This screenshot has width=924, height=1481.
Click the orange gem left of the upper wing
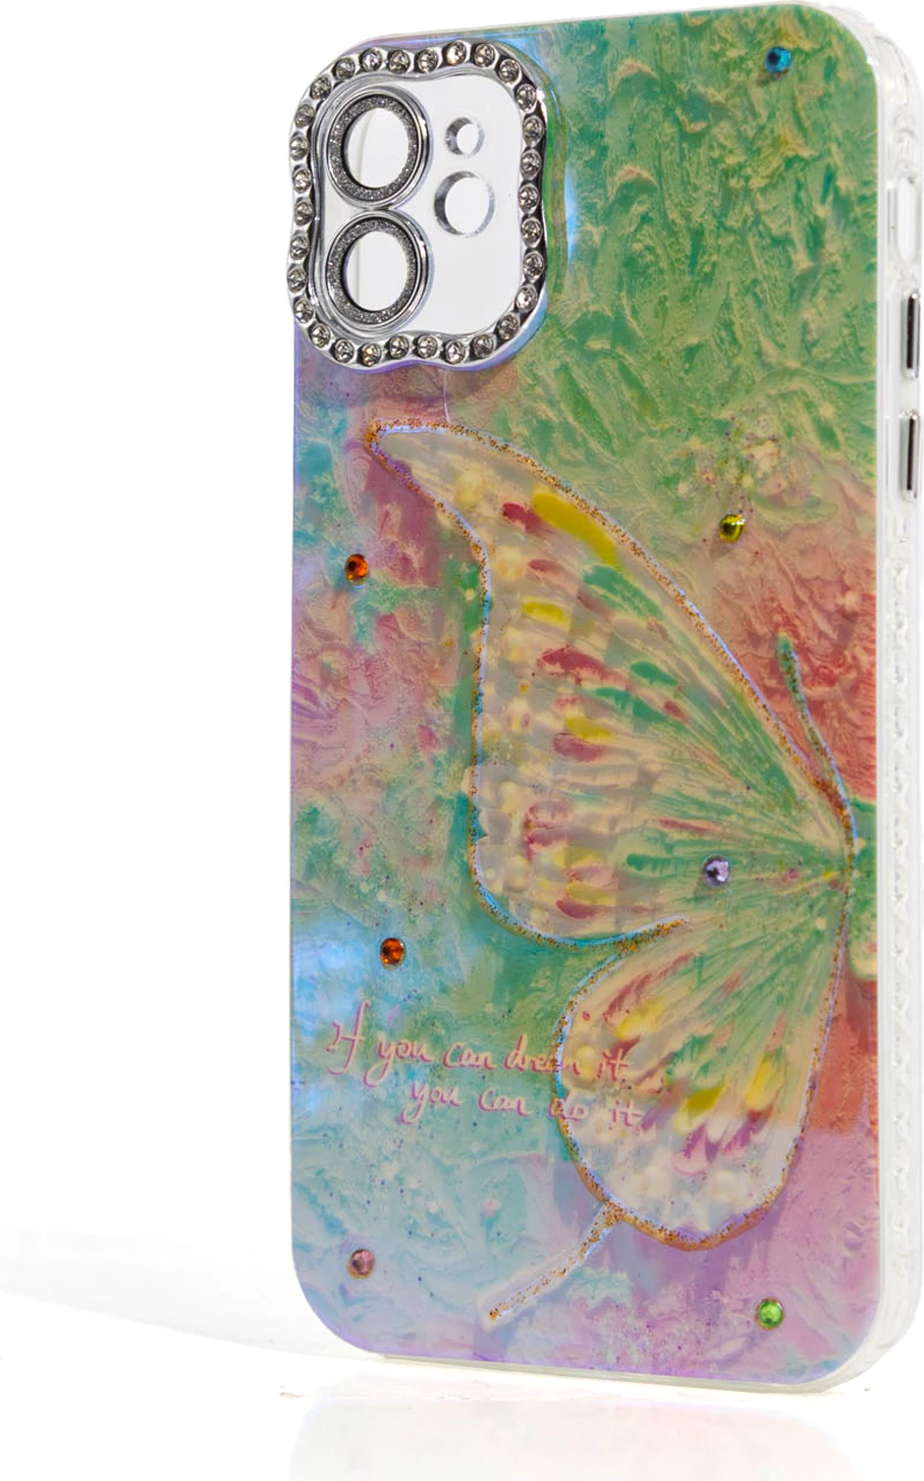click(355, 566)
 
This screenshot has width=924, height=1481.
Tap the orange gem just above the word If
click(392, 949)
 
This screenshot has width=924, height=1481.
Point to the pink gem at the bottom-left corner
click(361, 1262)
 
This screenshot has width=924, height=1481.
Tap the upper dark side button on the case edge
click(912, 325)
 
